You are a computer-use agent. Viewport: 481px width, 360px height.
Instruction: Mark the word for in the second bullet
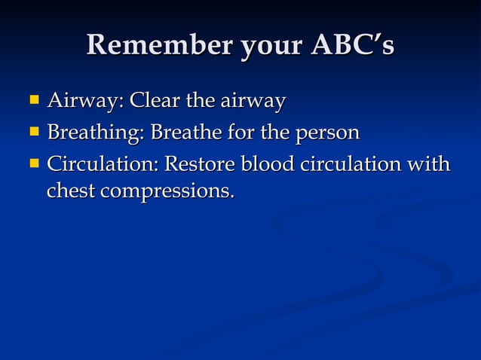240,133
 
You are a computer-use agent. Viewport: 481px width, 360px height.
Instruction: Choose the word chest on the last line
71,191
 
